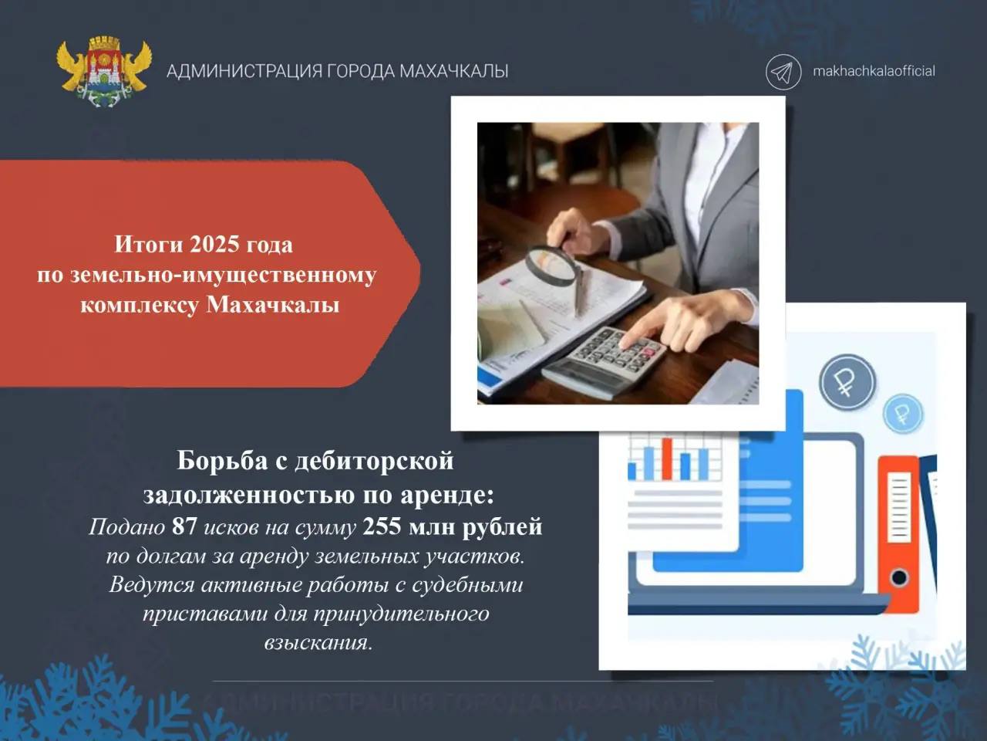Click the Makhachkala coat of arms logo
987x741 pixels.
coord(104,72)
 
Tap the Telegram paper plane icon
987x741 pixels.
coord(783,72)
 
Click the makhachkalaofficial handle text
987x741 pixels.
coord(874,71)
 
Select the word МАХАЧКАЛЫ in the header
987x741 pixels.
coord(453,71)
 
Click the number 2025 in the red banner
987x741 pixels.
coord(214,245)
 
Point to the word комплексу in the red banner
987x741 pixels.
coord(140,305)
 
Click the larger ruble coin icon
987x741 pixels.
coord(847,382)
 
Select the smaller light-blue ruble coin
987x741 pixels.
coord(903,414)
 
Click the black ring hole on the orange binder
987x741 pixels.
coord(899,577)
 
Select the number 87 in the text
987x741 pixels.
coord(184,526)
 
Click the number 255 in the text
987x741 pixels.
coord(382,526)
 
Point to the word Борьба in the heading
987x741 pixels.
coord(222,461)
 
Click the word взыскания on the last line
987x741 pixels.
coord(318,642)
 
